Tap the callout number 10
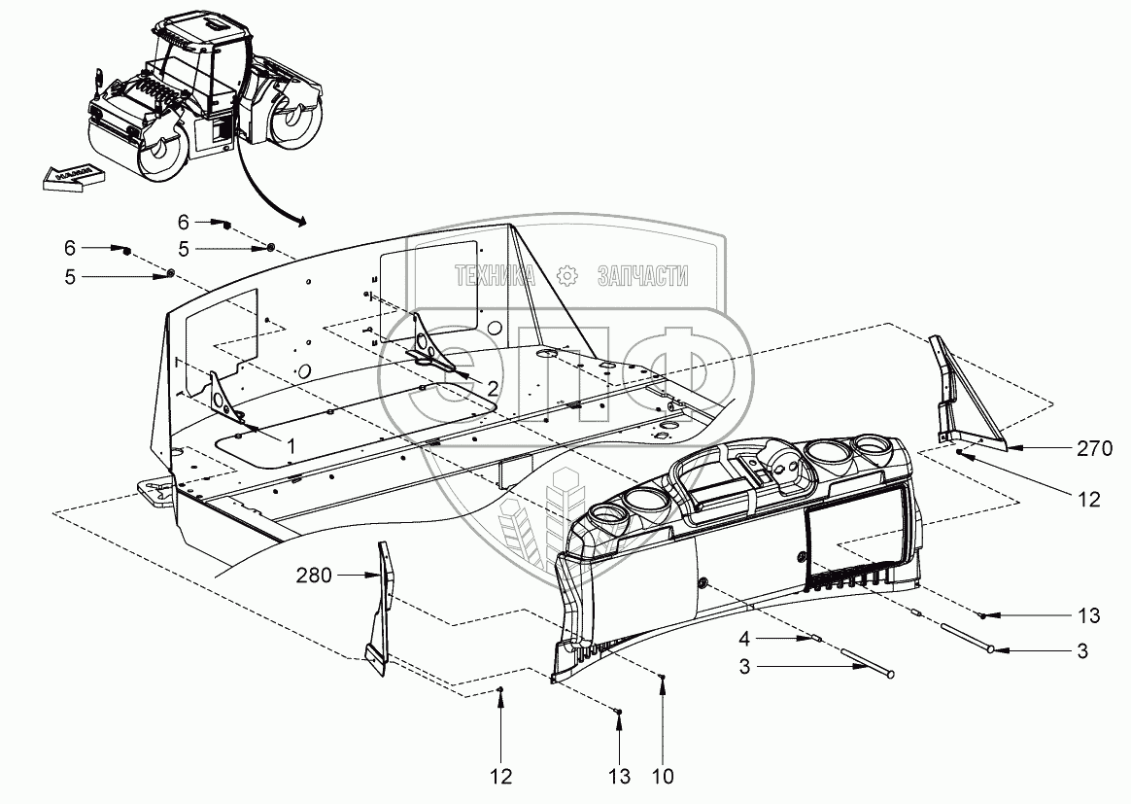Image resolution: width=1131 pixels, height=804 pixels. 663,777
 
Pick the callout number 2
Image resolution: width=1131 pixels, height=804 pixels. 493,387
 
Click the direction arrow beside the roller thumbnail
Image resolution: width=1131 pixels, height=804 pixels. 74,175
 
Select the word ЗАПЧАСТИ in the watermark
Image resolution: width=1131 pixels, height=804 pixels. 644,277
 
